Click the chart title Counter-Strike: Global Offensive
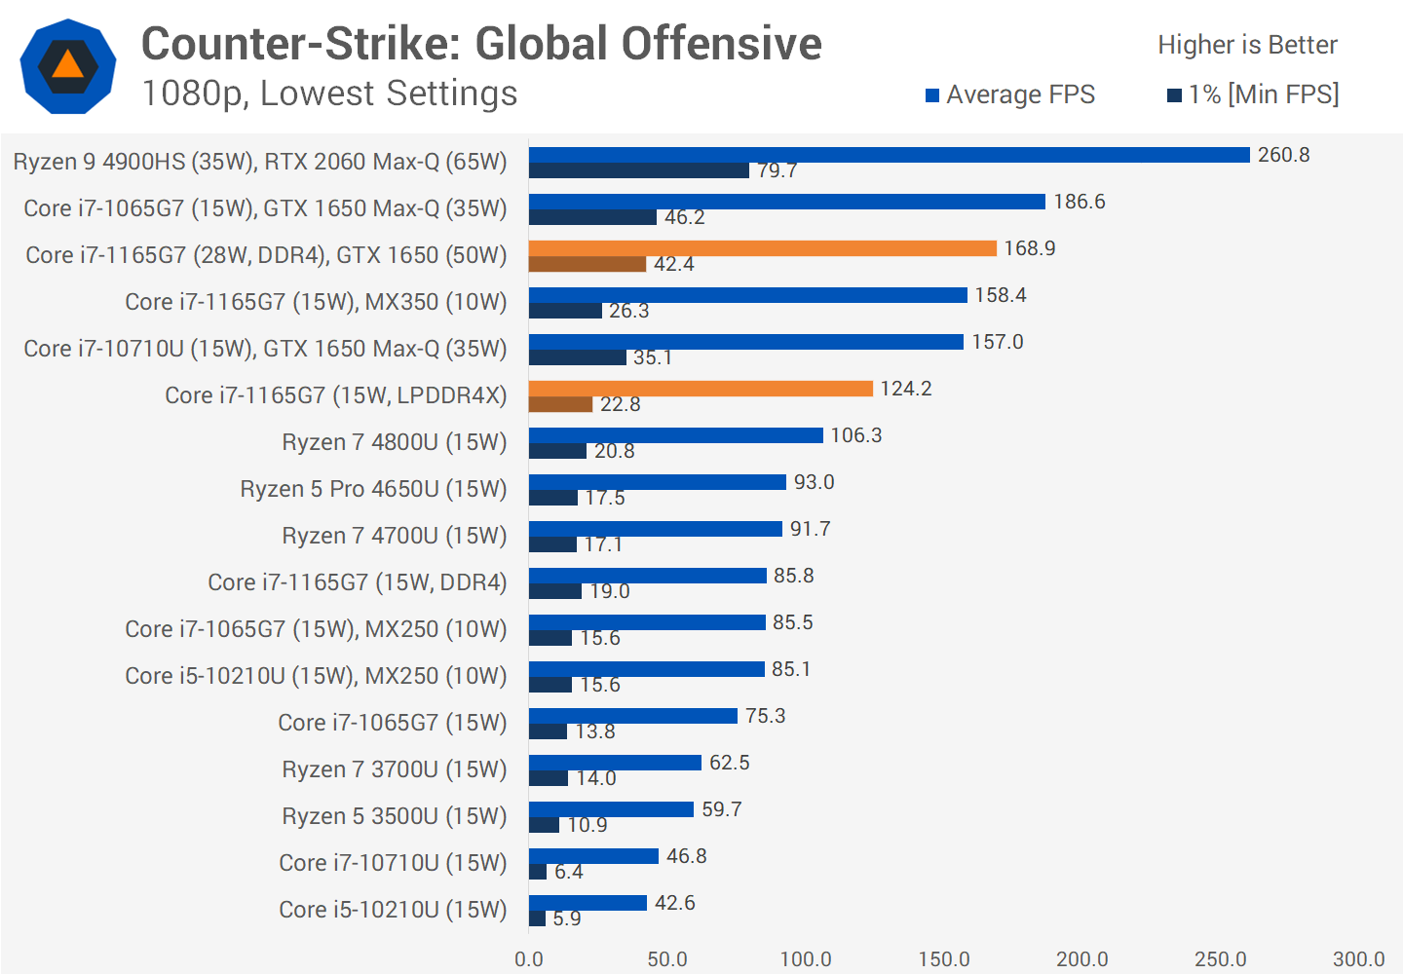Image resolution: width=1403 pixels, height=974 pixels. tap(481, 44)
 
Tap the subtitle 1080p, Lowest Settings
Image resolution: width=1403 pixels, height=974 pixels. tap(329, 94)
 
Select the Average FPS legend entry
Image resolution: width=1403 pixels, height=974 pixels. tap(1009, 94)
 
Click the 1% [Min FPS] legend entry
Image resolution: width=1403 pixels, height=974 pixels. tap(1253, 94)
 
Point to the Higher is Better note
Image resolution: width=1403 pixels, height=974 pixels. tap(1247, 45)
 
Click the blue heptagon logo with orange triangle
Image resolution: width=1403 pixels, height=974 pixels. tap(68, 66)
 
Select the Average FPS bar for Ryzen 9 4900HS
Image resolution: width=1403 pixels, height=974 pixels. tap(889, 155)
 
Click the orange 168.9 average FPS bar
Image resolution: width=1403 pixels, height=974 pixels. tap(762, 248)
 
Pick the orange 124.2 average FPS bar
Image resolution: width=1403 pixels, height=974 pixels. tap(701, 389)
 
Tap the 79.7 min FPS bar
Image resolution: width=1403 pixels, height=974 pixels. tap(638, 170)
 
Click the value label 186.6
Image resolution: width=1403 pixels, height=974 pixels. tap(1079, 202)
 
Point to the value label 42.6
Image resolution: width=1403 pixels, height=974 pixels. tap(674, 903)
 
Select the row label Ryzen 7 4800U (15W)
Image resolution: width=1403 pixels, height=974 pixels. tap(394, 442)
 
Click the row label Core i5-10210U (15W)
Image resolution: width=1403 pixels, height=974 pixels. tap(393, 910)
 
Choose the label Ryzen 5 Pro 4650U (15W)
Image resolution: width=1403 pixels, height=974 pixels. tap(373, 489)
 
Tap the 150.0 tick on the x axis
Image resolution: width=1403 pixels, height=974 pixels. tap(943, 959)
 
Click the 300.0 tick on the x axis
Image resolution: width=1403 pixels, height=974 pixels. tap(1358, 959)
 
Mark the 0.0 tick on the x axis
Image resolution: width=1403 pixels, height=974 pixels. tap(529, 959)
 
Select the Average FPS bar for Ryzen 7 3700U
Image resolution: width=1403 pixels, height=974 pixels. tap(615, 763)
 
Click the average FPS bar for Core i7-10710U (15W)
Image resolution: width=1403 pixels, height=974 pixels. tap(593, 856)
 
